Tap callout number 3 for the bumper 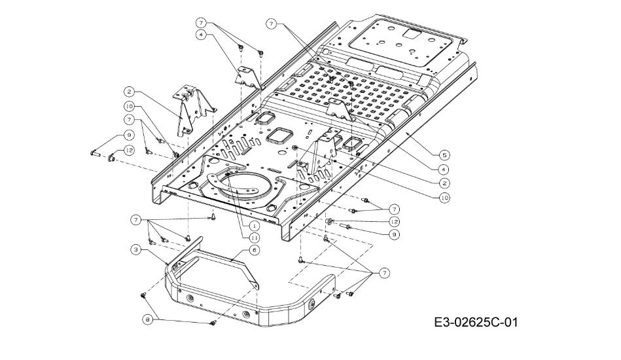tap(134, 249)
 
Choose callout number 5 tap(444, 154)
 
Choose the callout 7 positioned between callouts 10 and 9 tap(130, 120)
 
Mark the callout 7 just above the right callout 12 tap(394, 209)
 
